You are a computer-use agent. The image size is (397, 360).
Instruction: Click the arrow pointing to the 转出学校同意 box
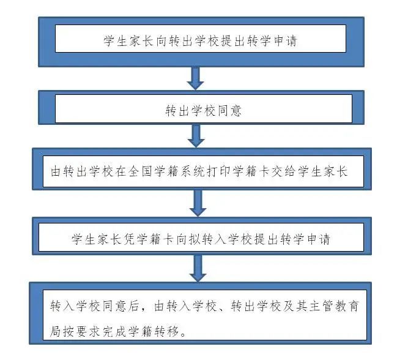195,78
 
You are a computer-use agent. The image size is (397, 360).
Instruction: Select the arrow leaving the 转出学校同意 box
196,136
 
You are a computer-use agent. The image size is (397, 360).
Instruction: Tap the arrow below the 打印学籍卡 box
198,203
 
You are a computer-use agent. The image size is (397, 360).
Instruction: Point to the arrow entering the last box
198,268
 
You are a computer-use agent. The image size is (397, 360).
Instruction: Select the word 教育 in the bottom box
347,306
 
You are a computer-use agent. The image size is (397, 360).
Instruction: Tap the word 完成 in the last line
114,331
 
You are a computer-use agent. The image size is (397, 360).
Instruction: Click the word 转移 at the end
166,331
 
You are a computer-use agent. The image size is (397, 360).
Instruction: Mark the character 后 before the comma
133,306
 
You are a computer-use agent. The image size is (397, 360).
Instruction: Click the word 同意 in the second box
229,111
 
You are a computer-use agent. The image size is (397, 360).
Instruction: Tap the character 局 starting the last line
55,331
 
